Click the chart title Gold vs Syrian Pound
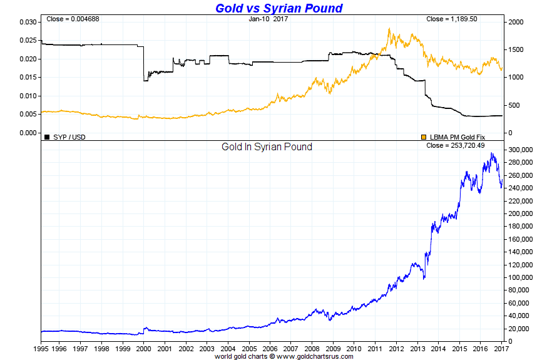[x=278, y=8]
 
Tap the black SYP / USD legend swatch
[x=46, y=136]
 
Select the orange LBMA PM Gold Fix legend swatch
[x=424, y=136]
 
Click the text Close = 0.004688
[x=73, y=19]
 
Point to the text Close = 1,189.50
[x=452, y=19]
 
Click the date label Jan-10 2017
[x=268, y=19]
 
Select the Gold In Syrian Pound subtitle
[x=267, y=147]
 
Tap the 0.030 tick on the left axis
[x=28, y=22]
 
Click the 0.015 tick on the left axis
[x=28, y=78]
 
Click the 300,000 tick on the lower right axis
[x=521, y=150]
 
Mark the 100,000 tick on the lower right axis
[x=521, y=277]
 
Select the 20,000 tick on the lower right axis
[x=519, y=329]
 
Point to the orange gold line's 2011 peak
[x=389, y=28]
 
